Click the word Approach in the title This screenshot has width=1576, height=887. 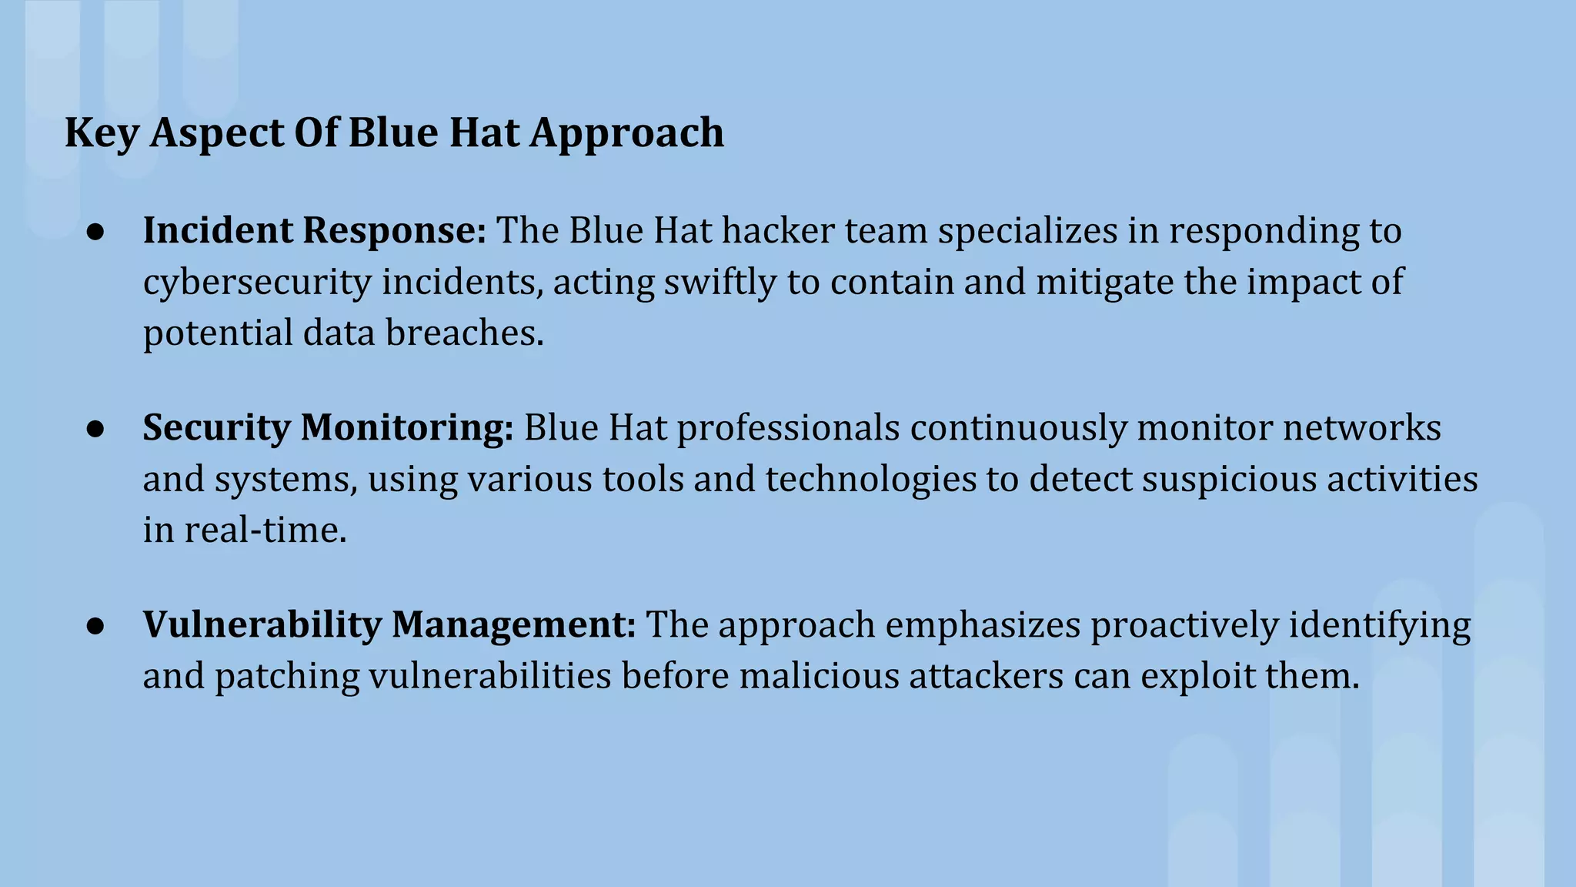[626, 133]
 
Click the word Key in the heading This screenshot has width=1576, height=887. [102, 133]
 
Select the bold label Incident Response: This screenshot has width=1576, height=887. [314, 230]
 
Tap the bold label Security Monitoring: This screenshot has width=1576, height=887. [328, 427]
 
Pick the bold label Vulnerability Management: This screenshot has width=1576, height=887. [389, 624]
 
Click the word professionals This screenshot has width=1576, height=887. [788, 427]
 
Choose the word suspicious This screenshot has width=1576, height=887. [1229, 479]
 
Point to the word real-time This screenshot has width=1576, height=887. [265, 530]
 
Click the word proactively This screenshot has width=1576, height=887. [1184, 624]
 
